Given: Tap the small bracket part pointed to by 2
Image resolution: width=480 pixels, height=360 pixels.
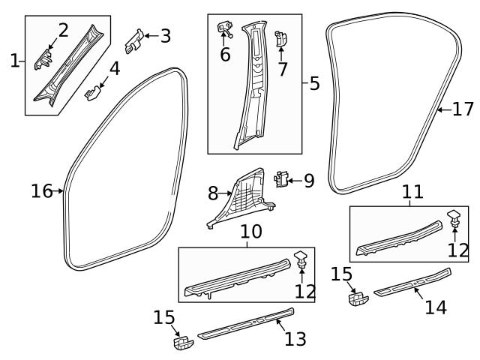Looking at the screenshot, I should (44, 58).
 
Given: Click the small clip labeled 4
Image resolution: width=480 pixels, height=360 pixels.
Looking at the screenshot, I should (91, 92).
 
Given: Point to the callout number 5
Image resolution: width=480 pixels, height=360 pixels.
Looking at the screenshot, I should (313, 83).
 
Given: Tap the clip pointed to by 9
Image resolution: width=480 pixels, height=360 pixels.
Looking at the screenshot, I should (281, 179).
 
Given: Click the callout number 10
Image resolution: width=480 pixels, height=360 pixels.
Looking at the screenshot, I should (251, 232).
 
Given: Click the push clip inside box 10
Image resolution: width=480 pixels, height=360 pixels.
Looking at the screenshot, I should (301, 259).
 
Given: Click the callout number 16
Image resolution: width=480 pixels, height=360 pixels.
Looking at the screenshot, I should (41, 191).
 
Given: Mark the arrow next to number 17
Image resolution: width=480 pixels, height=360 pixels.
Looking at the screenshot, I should (442, 109).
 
